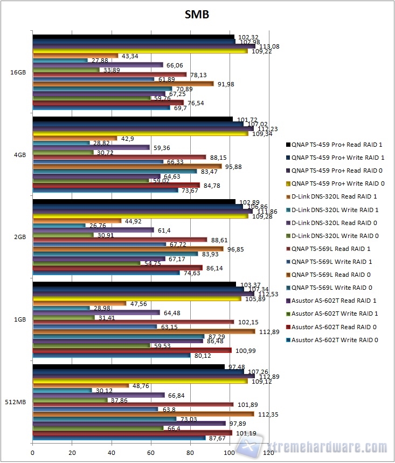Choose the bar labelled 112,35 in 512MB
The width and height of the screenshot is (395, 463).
pyautogui.click(x=143, y=414)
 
